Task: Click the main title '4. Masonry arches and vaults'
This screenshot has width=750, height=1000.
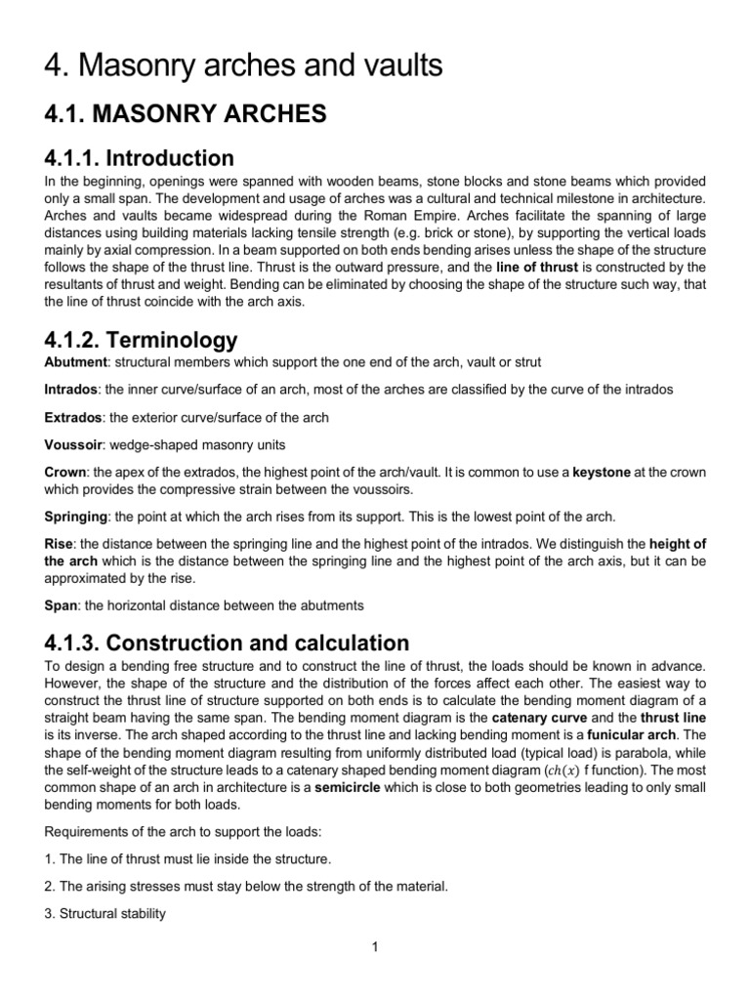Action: tap(244, 66)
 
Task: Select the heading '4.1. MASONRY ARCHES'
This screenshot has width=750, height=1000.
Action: tap(185, 114)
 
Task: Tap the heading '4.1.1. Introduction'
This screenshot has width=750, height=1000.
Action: tap(140, 158)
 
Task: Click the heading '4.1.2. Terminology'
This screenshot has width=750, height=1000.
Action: tap(141, 340)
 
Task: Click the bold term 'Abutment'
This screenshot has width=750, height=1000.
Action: tap(77, 362)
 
